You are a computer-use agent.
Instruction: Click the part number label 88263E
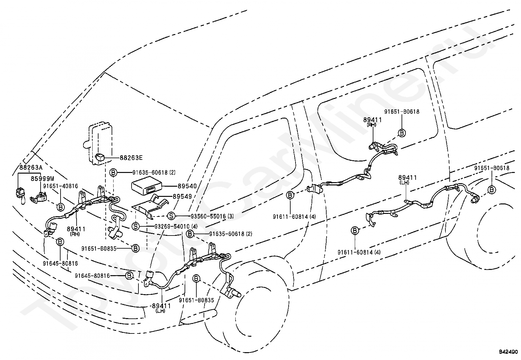pyautogui.click(x=131, y=158)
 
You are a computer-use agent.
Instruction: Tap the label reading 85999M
pyautogui.click(x=43, y=179)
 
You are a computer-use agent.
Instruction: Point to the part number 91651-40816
pyautogui.click(x=61, y=186)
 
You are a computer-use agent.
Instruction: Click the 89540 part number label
pyautogui.click(x=187, y=186)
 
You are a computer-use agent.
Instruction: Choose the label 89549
pyautogui.click(x=182, y=197)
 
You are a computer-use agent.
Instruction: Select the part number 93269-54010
pyautogui.click(x=172, y=226)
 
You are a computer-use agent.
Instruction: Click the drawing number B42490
pyautogui.click(x=509, y=352)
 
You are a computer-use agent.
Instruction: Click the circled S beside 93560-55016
pyautogui.click(x=171, y=216)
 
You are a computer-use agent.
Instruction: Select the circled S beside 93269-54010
pyautogui.click(x=135, y=226)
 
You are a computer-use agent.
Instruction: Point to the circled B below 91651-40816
pyautogui.click(x=61, y=207)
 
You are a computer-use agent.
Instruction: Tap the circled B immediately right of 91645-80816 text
pyautogui.click(x=129, y=276)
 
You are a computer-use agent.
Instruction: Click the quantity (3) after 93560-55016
pyautogui.click(x=230, y=216)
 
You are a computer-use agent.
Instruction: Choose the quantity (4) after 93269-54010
pyautogui.click(x=194, y=226)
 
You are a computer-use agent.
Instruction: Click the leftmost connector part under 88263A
pyautogui.click(x=21, y=195)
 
